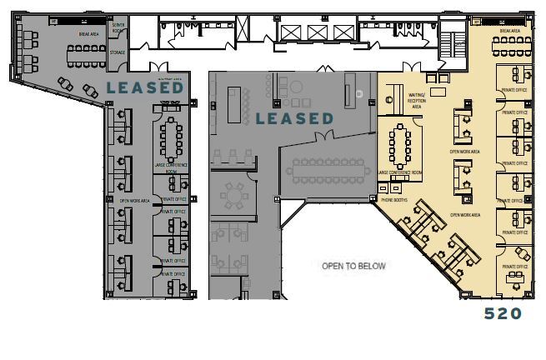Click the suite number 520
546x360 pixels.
pos(503,313)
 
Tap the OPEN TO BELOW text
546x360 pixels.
pos(354,266)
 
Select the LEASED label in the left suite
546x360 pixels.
pos(144,87)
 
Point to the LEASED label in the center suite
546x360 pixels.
pos(294,118)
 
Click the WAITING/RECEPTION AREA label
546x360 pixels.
pos(418,102)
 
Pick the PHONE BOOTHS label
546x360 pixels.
pos(394,200)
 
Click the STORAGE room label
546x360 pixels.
pos(118,52)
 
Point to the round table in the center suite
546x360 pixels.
pos(234,197)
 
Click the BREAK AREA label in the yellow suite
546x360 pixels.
pos(509,30)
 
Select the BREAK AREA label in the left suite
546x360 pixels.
pos(89,34)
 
